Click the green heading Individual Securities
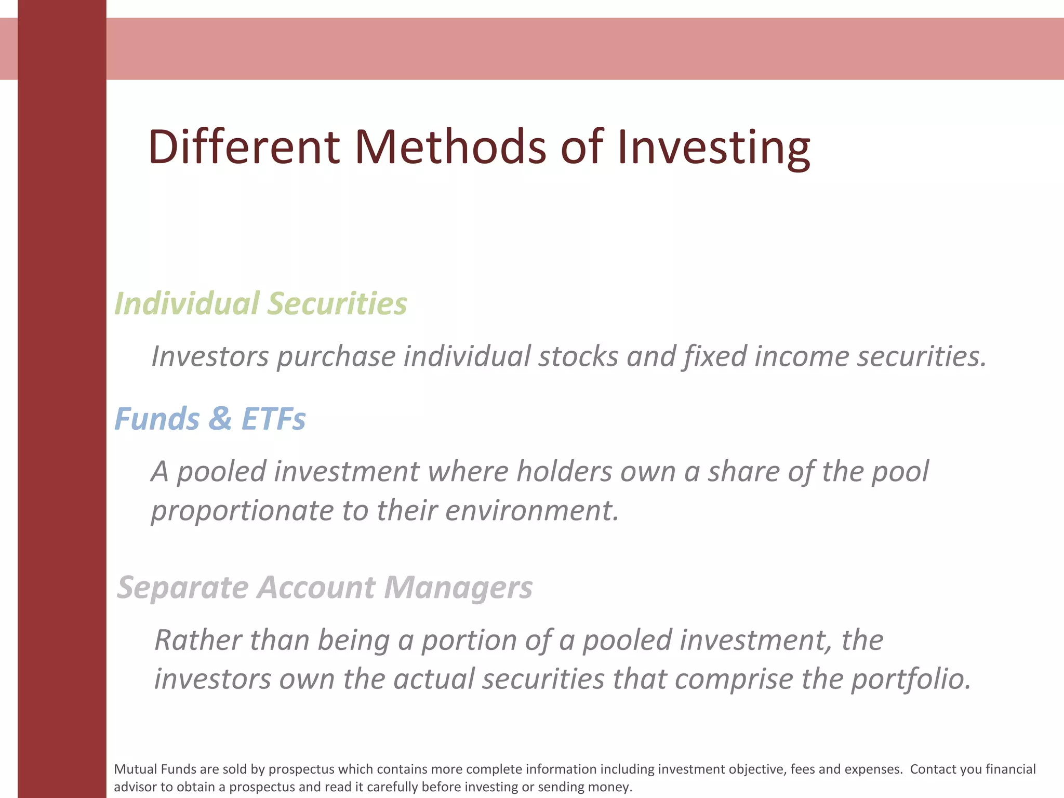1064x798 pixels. coord(261,303)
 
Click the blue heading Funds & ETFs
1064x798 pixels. coord(210,419)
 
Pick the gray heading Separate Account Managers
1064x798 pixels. coord(325,588)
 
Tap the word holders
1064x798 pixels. coord(564,472)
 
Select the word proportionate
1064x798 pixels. coord(242,511)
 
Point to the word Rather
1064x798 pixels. coord(198,640)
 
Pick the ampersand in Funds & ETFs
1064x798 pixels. coord(220,419)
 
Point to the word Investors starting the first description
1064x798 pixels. coord(210,357)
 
